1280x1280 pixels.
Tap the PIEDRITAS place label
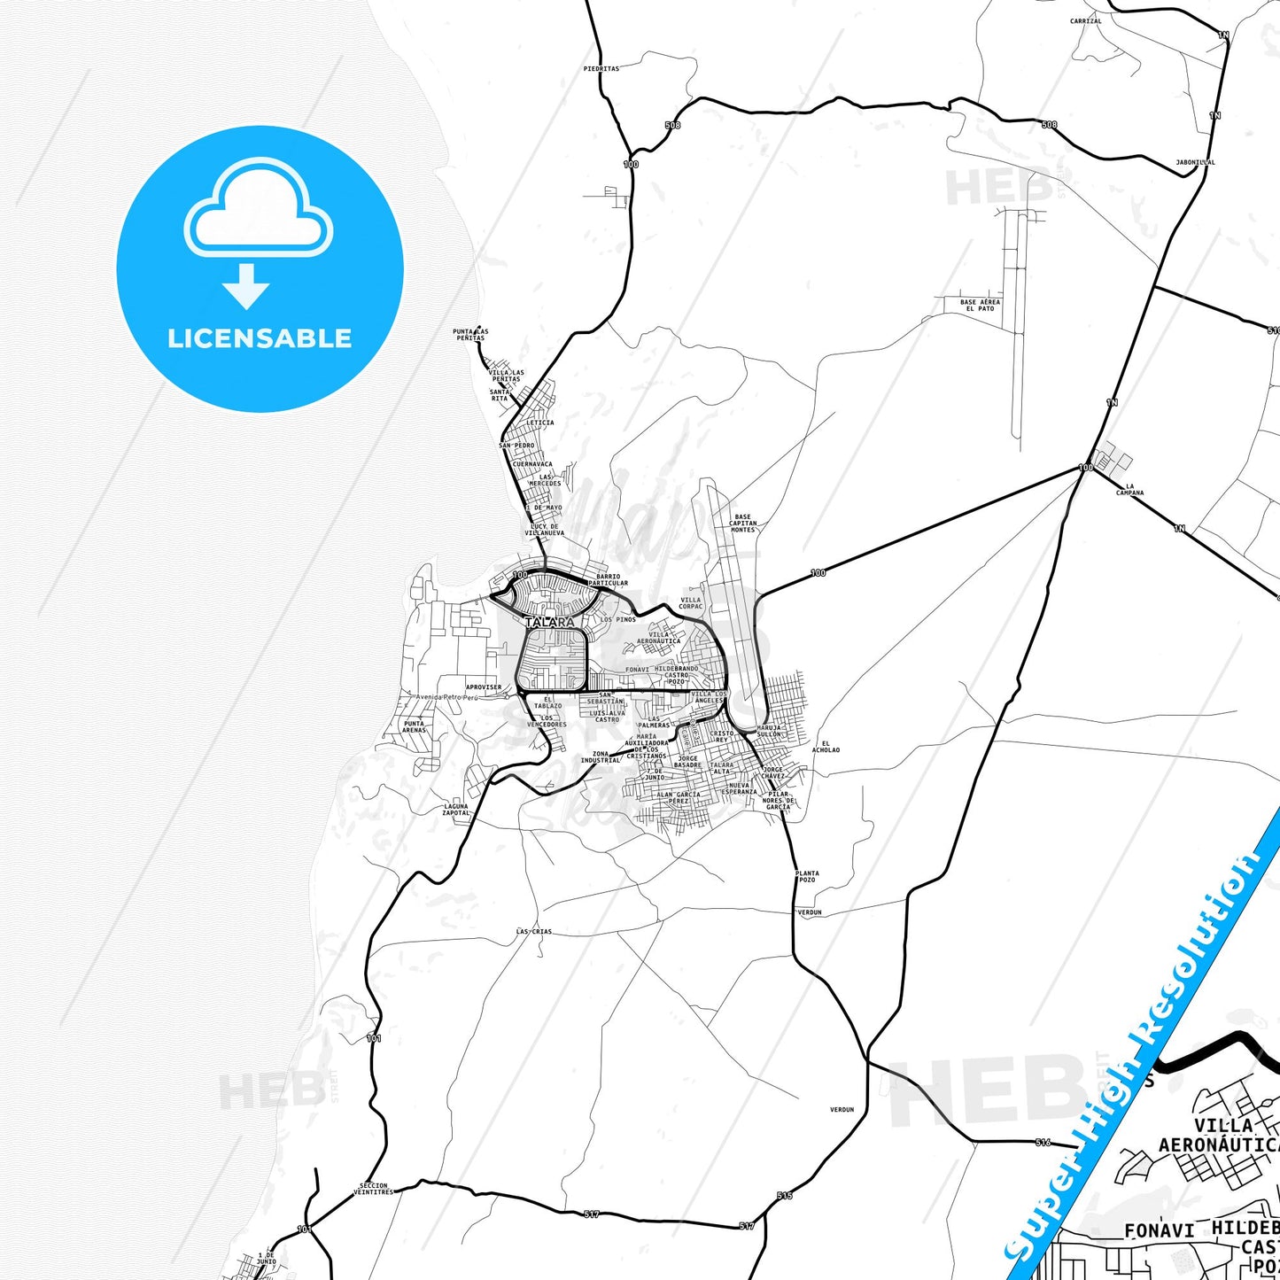point(601,68)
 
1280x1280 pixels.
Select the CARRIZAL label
point(1085,21)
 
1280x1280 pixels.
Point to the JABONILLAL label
point(1195,163)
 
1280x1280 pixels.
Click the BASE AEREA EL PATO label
point(980,305)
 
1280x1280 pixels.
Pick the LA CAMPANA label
point(1129,490)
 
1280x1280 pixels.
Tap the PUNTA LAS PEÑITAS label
point(470,335)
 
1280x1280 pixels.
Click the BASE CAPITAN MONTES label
point(742,523)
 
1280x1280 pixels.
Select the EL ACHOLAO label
point(825,747)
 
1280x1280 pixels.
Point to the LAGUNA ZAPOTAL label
point(456,810)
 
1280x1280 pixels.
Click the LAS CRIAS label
point(534,932)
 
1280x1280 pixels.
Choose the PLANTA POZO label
point(807,876)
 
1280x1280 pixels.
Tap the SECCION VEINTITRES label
point(373,1188)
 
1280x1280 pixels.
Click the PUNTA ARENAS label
point(414,726)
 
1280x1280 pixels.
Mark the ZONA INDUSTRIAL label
point(601,756)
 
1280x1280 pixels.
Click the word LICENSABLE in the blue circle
point(260,338)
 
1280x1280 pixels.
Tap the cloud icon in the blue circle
point(258,209)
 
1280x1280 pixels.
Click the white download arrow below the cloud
point(246,286)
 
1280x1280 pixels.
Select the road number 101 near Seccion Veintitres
point(305,1229)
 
